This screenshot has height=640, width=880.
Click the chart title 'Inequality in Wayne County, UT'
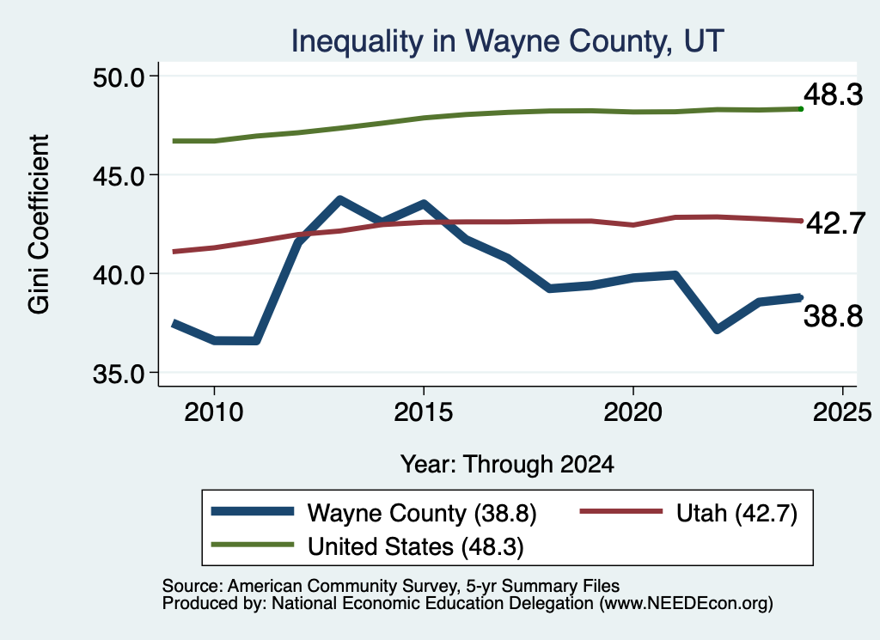(x=507, y=41)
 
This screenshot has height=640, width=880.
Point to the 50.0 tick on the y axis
(x=118, y=77)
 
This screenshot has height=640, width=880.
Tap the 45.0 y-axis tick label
(x=118, y=176)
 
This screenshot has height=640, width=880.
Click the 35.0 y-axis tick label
(x=118, y=375)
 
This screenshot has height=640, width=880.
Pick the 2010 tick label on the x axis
(x=214, y=413)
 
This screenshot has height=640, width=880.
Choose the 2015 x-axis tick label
(x=423, y=413)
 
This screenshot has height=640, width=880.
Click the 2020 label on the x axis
(x=633, y=413)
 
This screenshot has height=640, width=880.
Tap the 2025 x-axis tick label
(x=842, y=413)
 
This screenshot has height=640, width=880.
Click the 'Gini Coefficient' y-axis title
(x=39, y=224)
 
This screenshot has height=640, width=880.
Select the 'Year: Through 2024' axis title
(x=507, y=465)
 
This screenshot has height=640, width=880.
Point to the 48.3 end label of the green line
(x=833, y=94)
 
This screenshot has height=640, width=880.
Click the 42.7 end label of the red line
(x=835, y=223)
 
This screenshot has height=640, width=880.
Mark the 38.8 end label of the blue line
(x=833, y=316)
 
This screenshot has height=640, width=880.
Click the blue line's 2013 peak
(x=339, y=199)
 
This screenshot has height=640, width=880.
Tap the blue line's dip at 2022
(x=717, y=329)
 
